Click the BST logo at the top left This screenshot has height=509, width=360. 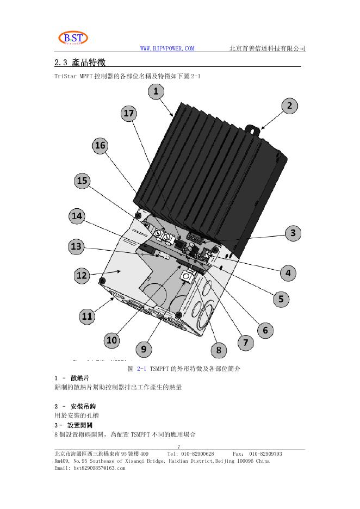[x=72, y=39]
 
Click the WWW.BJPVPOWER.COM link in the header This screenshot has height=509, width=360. [x=167, y=49]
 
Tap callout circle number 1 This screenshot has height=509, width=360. [x=156, y=91]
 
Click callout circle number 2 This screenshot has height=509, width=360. [x=289, y=105]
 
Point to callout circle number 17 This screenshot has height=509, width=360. [x=129, y=113]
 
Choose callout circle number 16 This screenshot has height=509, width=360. [x=100, y=145]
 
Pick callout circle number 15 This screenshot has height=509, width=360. [x=82, y=181]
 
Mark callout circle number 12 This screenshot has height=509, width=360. [x=82, y=276]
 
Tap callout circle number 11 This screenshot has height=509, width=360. [x=86, y=316]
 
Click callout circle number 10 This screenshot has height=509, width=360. [x=111, y=340]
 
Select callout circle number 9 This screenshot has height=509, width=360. [x=143, y=349]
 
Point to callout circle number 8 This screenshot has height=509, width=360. [x=219, y=350]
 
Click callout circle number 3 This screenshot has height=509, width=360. [x=293, y=233]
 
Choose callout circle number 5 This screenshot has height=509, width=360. [x=281, y=299]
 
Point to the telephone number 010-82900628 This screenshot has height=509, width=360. [x=198, y=454]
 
